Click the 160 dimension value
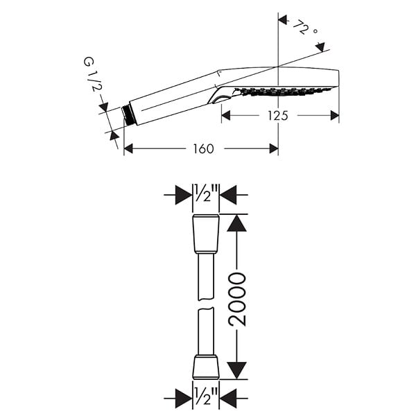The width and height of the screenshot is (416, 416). tap(203, 149)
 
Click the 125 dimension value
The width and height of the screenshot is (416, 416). tap(277, 116)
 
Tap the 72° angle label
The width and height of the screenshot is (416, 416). tap(305, 28)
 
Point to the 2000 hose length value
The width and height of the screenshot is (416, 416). tap(237, 300)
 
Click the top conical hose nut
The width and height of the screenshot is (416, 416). tap(206, 234)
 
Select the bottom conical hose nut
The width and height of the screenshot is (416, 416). tap(206, 367)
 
